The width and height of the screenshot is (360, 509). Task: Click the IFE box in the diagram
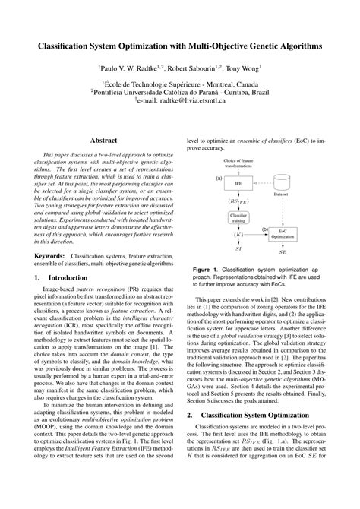238,183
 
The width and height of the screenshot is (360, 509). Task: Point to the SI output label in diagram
238,249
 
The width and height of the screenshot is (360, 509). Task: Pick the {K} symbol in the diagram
238,236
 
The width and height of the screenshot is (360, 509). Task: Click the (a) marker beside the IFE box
219,178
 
